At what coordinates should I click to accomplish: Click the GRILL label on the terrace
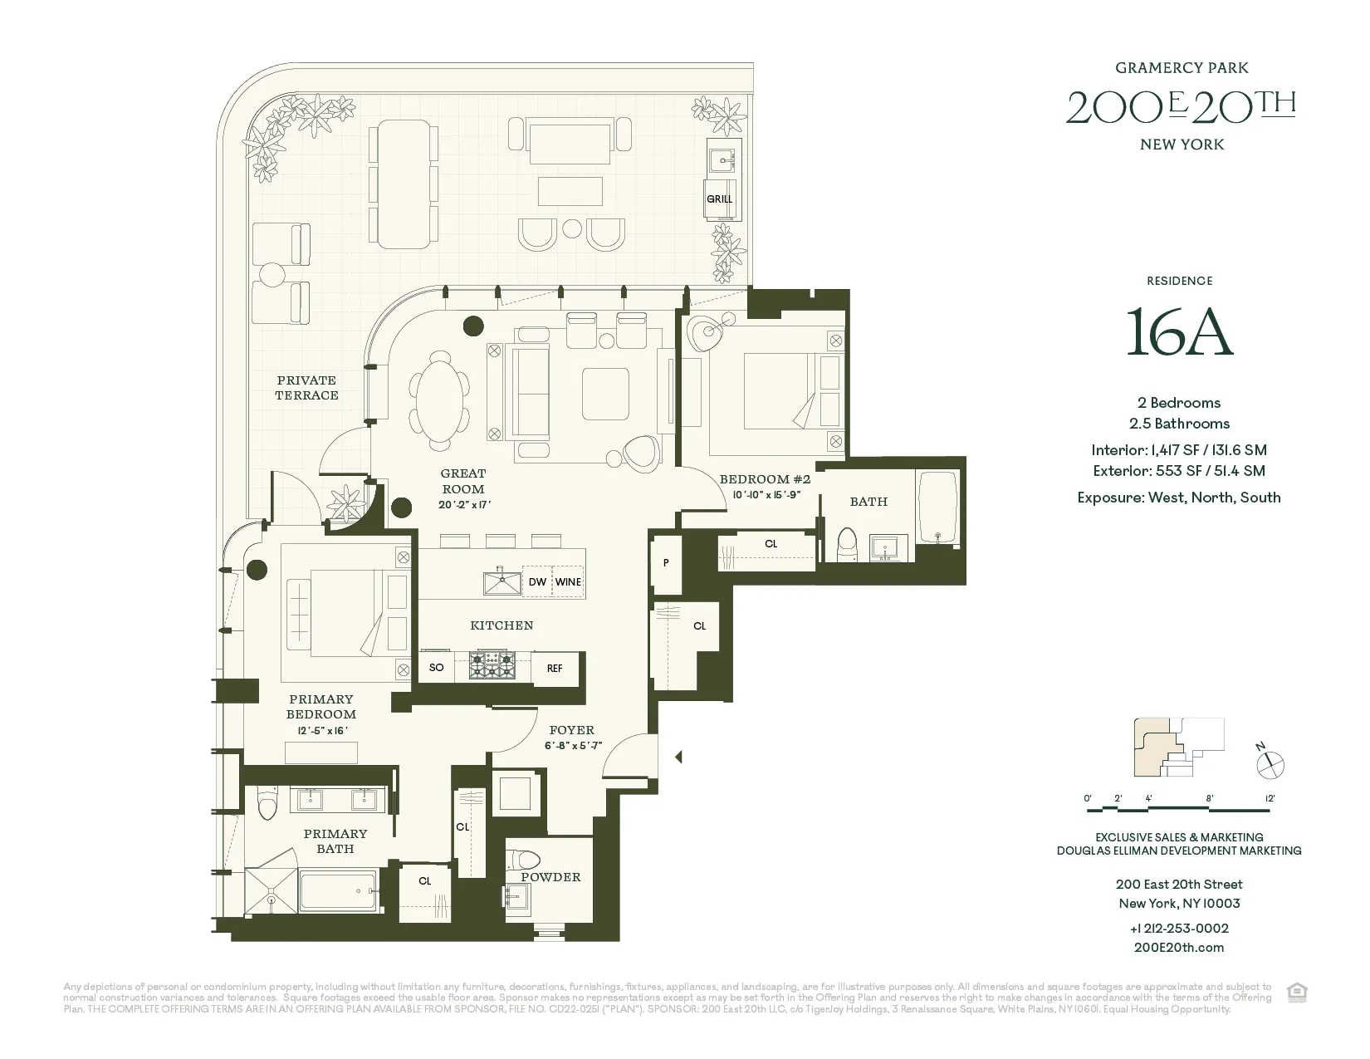point(719,199)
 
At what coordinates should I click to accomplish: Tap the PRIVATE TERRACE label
point(306,388)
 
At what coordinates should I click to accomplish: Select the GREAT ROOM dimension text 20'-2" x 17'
point(462,505)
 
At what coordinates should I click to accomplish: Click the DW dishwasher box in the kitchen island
point(537,581)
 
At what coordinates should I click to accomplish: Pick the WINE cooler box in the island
point(568,581)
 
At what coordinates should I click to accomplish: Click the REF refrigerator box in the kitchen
point(555,668)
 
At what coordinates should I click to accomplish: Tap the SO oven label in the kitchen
point(436,668)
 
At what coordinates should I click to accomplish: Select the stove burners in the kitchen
point(492,666)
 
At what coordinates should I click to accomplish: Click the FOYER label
point(571,730)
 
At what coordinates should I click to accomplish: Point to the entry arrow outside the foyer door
point(678,757)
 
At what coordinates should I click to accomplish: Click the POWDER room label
point(550,877)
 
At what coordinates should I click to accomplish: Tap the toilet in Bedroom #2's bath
point(848,545)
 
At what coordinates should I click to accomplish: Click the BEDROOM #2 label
point(765,479)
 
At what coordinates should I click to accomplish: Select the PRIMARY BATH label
point(335,841)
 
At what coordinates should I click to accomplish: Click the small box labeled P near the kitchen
point(666,563)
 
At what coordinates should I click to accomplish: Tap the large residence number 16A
point(1179,332)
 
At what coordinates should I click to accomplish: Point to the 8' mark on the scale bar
point(1210,798)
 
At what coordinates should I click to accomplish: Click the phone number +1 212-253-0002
point(1179,929)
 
